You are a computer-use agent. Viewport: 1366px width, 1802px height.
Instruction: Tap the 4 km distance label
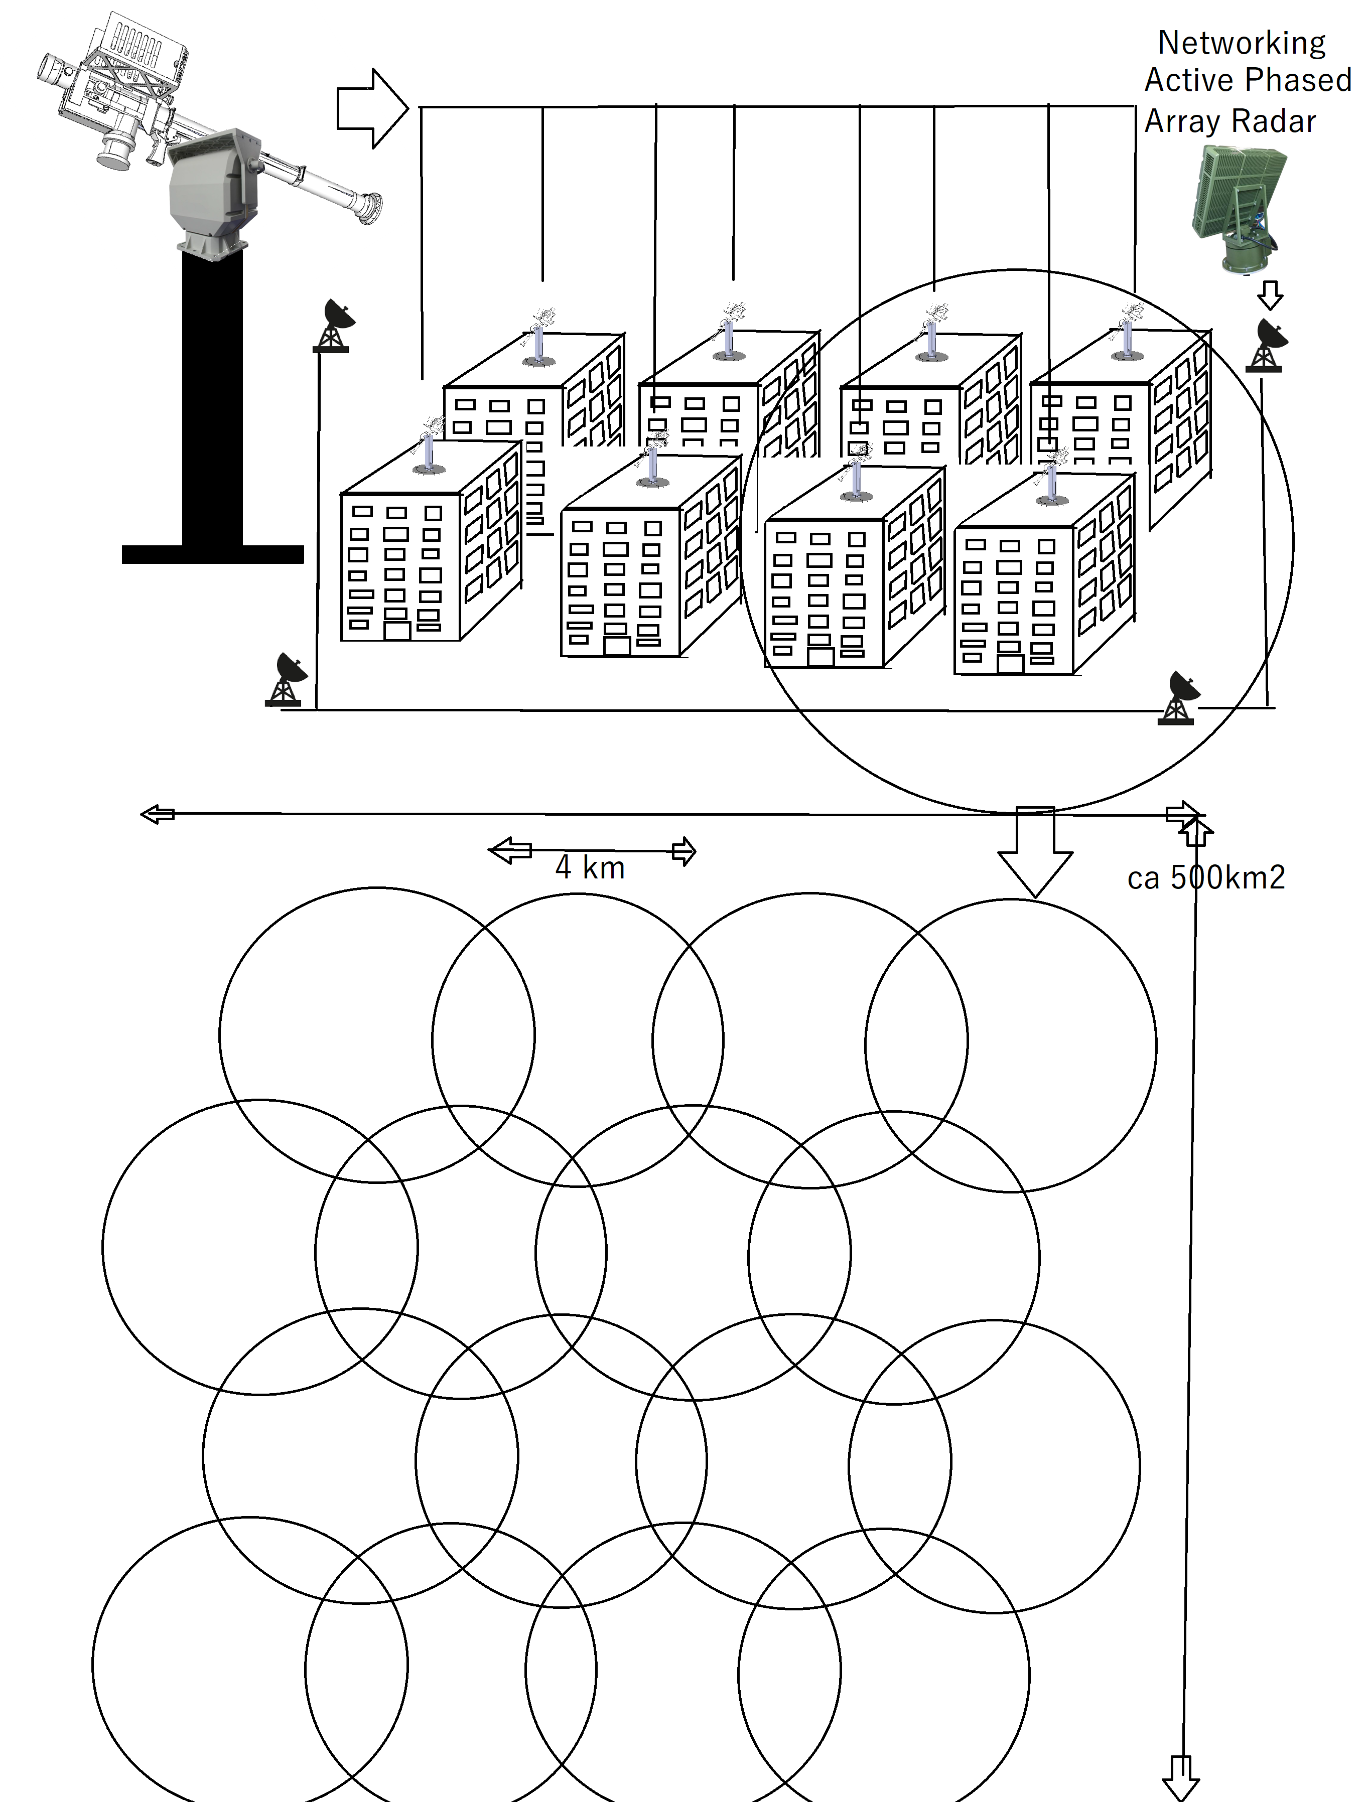pos(590,867)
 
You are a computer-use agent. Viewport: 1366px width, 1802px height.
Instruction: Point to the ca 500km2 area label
pos(1206,877)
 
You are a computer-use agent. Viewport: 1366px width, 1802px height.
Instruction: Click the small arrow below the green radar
pos(1270,295)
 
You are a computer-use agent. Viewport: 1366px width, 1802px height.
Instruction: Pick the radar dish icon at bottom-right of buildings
pos(1178,698)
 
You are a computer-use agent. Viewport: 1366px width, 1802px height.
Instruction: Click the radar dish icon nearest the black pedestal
pos(333,326)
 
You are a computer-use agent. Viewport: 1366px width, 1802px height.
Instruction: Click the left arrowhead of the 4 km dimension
pos(509,850)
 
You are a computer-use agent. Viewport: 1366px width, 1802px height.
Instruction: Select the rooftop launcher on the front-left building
pos(428,444)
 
